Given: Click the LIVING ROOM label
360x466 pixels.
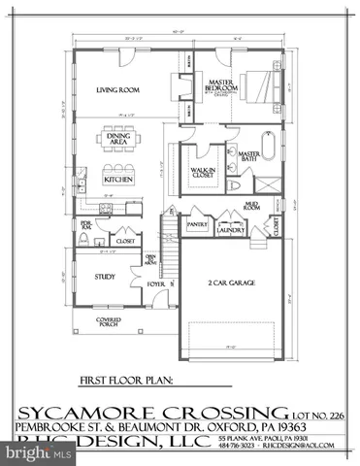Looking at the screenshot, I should [x=118, y=90].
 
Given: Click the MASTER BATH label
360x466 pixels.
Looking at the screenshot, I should [x=249, y=157].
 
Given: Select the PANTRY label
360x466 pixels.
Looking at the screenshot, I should [x=197, y=224].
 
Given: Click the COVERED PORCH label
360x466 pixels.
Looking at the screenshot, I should [x=108, y=321].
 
